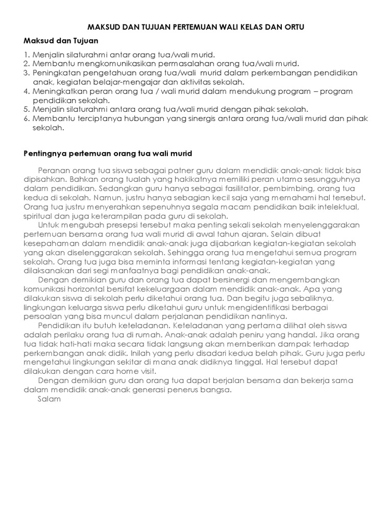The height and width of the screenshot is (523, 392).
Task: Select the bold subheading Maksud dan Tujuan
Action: (61, 41)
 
